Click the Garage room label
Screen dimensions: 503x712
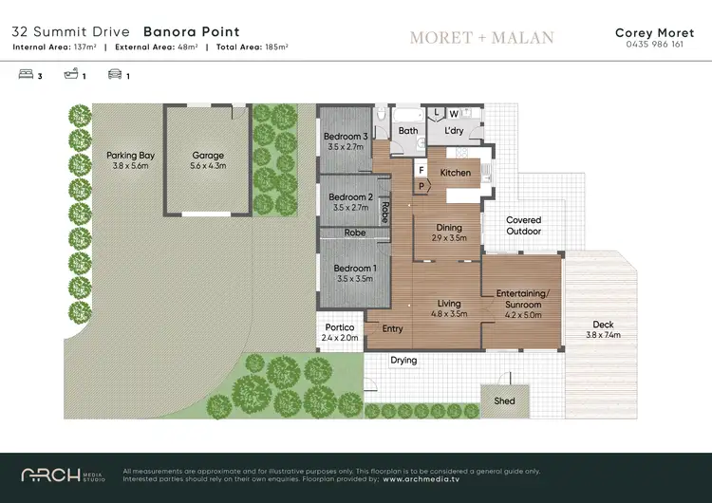click(x=208, y=156)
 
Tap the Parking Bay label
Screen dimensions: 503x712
click(x=130, y=156)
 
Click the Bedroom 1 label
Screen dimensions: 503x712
click(x=353, y=269)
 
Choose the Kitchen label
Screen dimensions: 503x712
click(x=456, y=173)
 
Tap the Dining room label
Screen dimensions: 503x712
click(x=449, y=228)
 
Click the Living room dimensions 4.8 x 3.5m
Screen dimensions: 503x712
click(x=449, y=314)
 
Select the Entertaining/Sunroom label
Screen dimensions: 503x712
click(x=522, y=299)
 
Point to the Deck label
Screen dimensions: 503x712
click(x=603, y=325)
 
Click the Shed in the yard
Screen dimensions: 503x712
click(x=504, y=401)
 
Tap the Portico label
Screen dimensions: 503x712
click(x=339, y=327)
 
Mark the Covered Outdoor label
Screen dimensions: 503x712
click(x=523, y=226)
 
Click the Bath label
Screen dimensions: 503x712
click(x=408, y=131)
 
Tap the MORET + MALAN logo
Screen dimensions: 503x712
click(x=481, y=38)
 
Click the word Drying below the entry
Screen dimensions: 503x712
click(x=403, y=361)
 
